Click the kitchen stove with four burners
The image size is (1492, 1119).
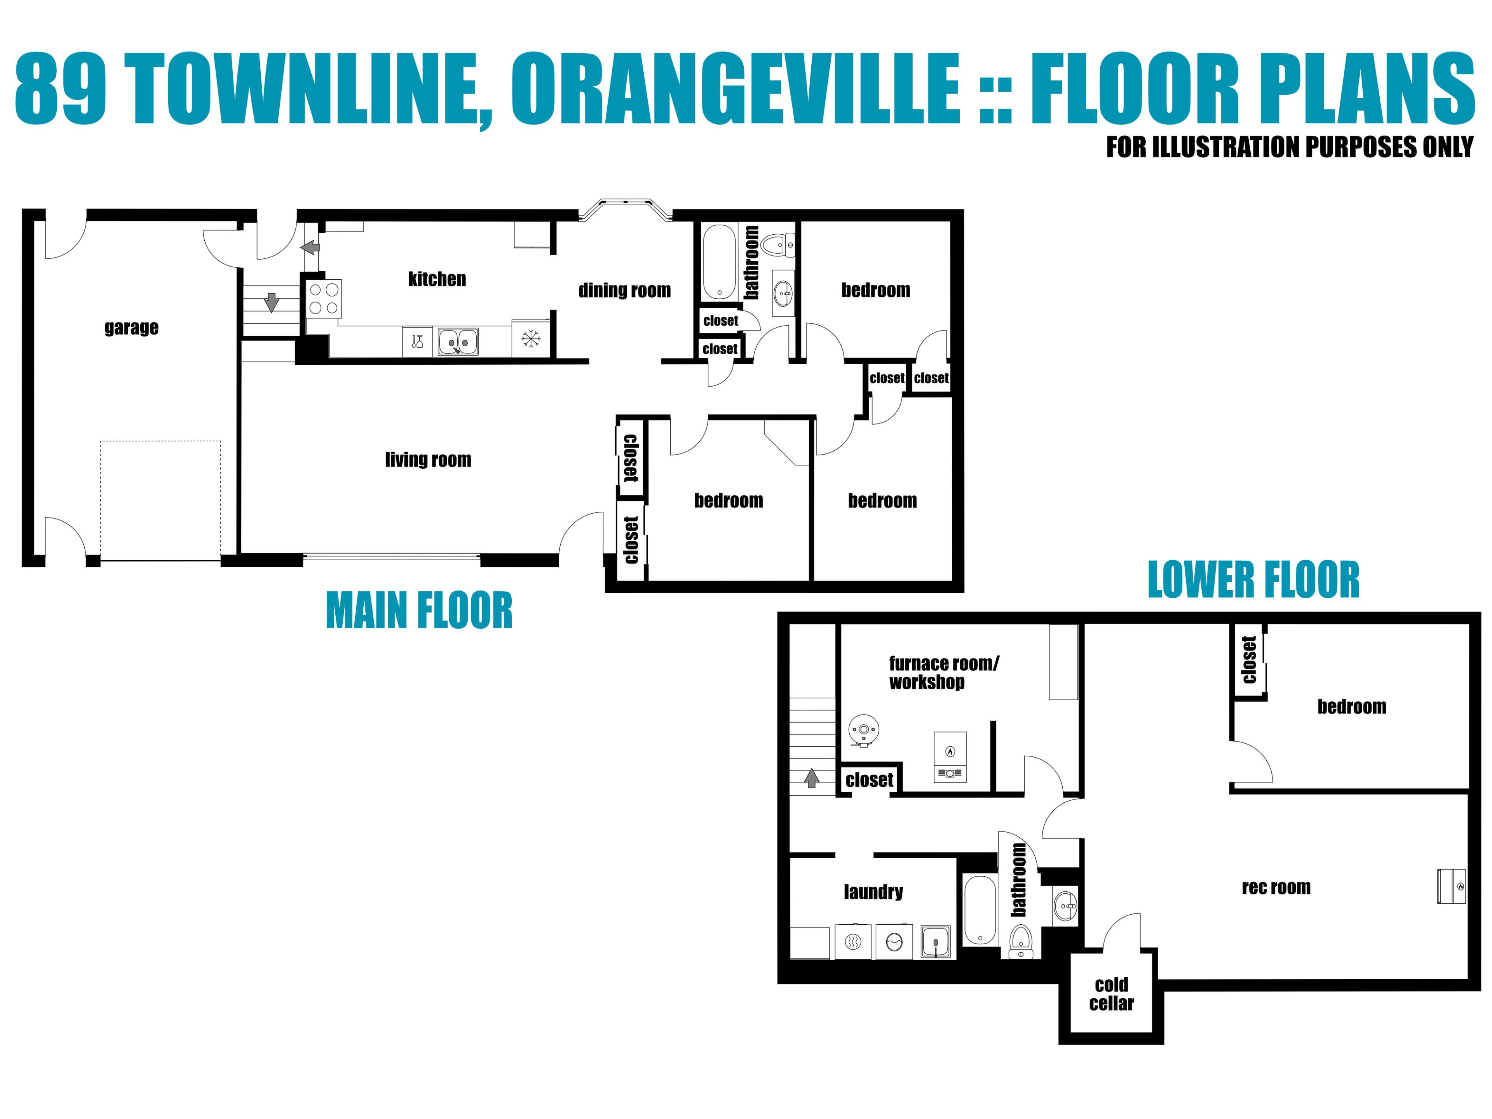[324, 298]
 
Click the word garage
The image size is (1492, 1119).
[132, 328]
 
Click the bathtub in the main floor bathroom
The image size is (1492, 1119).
[719, 262]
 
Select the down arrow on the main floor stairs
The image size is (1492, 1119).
[271, 302]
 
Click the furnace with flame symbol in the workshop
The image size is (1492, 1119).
[950, 757]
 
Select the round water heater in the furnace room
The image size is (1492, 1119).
[863, 730]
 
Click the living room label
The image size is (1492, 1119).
[428, 460]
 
